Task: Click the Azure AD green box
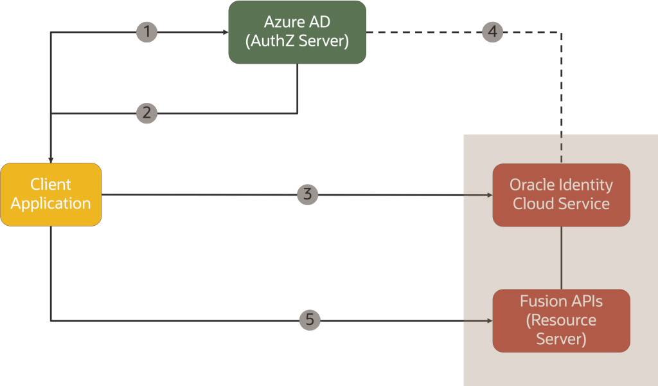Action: coord(297,32)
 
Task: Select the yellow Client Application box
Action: coord(51,194)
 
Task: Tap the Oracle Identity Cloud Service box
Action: coord(561,194)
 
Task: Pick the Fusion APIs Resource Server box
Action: coord(561,320)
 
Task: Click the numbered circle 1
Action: coord(147,32)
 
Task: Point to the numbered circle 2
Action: coord(147,113)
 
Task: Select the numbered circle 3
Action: coord(308,194)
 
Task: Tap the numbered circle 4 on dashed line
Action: coord(493,32)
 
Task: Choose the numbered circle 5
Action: coord(310,320)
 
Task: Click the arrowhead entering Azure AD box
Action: coord(225,32)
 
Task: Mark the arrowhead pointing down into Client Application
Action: coord(51,160)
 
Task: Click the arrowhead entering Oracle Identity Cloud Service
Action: coord(489,194)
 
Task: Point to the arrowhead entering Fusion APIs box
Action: coord(489,320)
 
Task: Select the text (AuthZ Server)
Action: coord(297,42)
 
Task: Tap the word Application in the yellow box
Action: coord(51,204)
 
